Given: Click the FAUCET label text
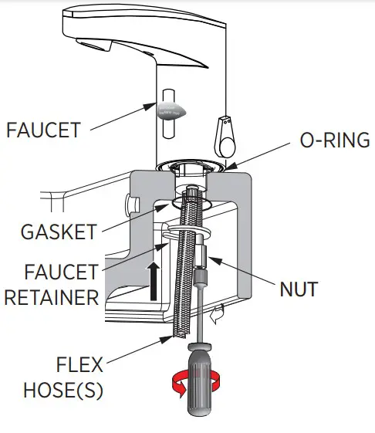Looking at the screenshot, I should pyautogui.click(x=43, y=129).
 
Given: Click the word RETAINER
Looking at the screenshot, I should pyautogui.click(x=52, y=297).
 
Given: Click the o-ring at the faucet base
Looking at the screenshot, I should pyautogui.click(x=194, y=164).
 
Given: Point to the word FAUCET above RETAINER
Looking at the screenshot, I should pyautogui.click(x=61, y=272).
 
